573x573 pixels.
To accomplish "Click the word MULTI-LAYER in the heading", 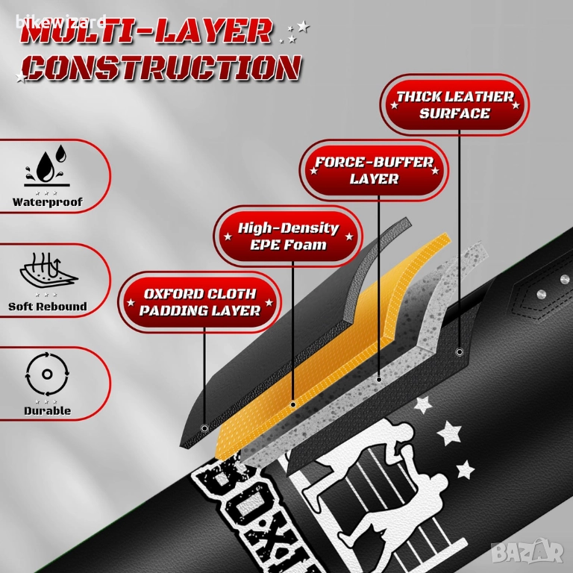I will point(145,31).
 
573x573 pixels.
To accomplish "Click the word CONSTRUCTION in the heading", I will point(161,68).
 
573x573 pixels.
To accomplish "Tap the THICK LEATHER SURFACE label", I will point(454,105).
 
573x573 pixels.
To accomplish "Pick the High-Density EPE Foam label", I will point(288,236).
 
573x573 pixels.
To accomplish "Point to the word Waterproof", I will point(47,202).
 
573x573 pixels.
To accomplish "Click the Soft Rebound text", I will point(47,306).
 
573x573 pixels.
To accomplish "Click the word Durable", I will point(47,410).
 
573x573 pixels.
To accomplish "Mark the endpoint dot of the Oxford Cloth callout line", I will point(205,428).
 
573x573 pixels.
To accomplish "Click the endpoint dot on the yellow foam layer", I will point(293,404).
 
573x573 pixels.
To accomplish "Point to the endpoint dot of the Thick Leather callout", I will point(460,351).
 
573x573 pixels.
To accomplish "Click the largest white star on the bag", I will point(448,431).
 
